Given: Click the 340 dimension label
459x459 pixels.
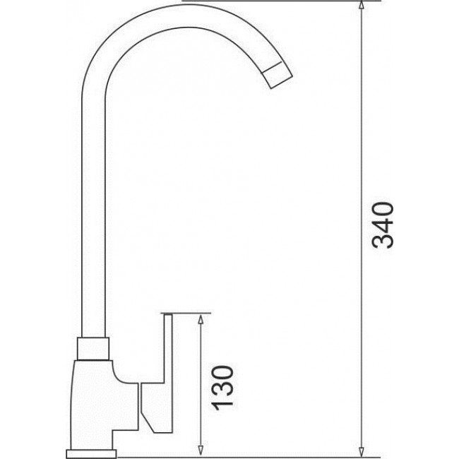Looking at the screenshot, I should [381, 225].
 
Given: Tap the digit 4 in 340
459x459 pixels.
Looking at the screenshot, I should [381, 225].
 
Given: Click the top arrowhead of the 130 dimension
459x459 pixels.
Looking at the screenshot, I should [201, 318].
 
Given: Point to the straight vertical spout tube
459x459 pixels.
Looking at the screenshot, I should [93, 212].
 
